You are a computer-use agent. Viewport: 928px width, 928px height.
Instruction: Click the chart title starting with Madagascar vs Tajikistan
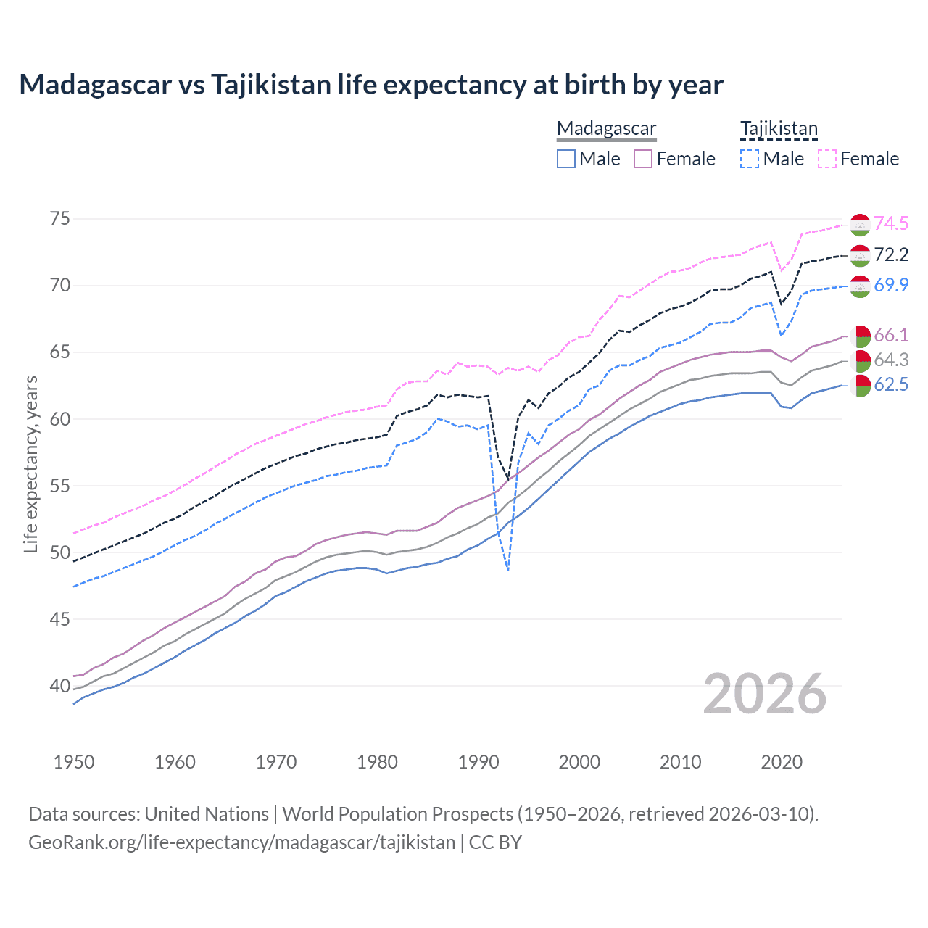tap(370, 85)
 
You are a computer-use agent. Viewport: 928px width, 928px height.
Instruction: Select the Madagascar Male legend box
tap(566, 159)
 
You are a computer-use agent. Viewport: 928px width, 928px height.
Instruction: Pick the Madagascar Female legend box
tap(643, 159)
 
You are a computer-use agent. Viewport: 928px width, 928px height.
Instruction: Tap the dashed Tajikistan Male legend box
tap(750, 159)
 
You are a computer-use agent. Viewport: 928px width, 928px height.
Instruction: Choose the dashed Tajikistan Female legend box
tap(826, 159)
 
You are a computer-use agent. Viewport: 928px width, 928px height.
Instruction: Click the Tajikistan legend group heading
tap(779, 128)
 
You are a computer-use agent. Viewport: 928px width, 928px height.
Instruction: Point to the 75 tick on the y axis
tap(60, 218)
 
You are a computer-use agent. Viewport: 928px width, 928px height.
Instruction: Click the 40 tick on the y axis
tap(60, 686)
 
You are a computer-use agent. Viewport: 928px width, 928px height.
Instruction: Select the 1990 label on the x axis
tap(478, 762)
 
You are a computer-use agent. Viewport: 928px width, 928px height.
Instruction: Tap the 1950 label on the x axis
tap(74, 762)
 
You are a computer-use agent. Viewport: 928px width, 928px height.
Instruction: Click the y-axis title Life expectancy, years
tap(30, 464)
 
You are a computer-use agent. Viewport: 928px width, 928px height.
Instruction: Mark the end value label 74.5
tap(891, 223)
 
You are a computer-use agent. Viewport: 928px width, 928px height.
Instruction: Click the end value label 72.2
tap(891, 254)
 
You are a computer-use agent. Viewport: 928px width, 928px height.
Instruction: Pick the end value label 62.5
tap(891, 385)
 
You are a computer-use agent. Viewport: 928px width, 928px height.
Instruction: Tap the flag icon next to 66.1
tap(860, 336)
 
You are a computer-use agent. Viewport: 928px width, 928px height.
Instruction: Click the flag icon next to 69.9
tap(860, 286)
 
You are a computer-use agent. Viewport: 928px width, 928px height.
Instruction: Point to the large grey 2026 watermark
tap(765, 694)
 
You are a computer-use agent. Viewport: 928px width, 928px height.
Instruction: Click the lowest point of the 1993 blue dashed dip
tap(508, 571)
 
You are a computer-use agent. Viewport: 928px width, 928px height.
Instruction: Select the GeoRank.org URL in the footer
tap(241, 842)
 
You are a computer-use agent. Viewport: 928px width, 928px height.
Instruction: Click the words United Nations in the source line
tap(207, 814)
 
